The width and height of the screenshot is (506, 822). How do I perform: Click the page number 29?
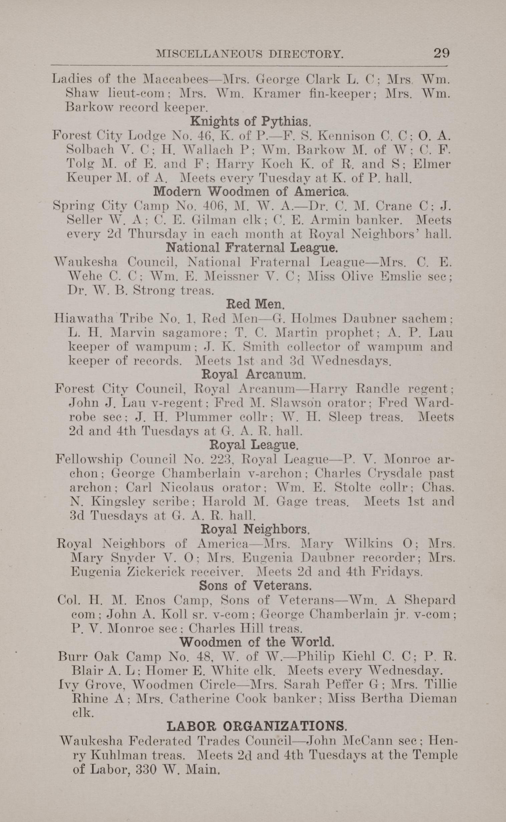441,53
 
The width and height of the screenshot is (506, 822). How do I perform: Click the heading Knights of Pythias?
251,121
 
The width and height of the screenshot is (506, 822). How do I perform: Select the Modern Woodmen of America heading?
251,192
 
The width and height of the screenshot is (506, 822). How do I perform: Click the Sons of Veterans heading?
255,585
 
